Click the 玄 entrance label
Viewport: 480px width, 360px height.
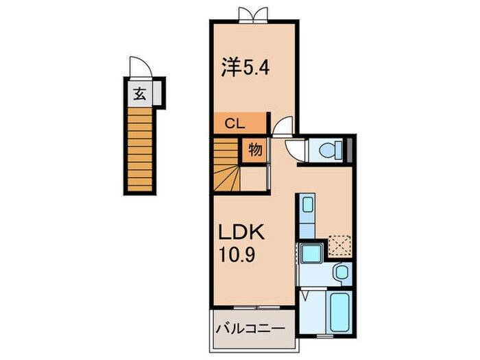pos(139,95)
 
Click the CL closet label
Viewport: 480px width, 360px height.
pos(235,124)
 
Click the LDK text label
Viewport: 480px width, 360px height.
pos(241,233)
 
